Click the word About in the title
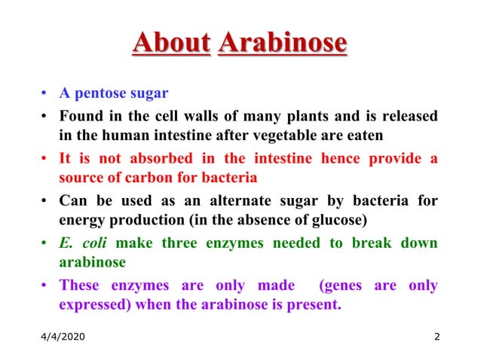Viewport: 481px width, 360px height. (170, 42)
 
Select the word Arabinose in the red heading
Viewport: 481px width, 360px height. (282, 42)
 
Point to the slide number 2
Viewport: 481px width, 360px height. (437, 336)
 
